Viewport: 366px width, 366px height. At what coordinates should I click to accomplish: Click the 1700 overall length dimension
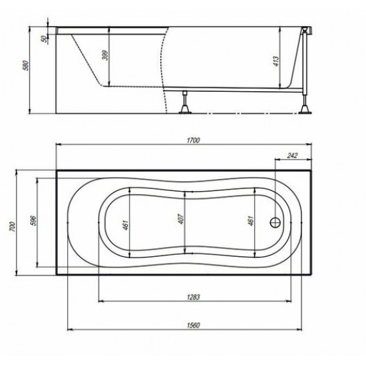pos(194,140)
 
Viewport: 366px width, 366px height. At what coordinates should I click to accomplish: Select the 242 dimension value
pos(292,155)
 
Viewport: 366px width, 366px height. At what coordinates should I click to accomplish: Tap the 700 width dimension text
pos(12,227)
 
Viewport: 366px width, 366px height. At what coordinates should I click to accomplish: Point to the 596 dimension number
pos(33,220)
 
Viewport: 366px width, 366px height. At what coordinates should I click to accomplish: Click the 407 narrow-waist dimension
pos(181,219)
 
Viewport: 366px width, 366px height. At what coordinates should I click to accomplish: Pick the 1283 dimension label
pos(194,297)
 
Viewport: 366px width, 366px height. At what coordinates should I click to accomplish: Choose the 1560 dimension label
pos(194,325)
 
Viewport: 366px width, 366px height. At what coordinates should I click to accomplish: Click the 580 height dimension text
pos(26,66)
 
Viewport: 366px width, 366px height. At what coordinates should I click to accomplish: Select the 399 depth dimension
pos(106,55)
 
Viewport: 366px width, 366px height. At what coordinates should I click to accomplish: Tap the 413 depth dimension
pos(275,61)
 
